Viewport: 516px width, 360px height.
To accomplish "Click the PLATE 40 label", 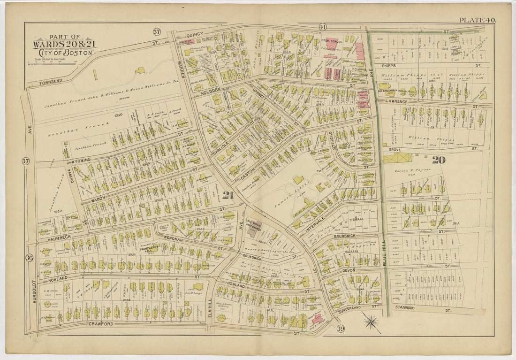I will coord(477,20).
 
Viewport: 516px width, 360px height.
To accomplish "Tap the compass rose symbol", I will coord(372,322).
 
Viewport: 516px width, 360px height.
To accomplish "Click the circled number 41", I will coord(322,27).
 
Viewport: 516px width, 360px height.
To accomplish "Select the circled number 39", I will coord(340,329).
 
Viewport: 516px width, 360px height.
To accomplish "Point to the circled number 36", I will coord(30,258).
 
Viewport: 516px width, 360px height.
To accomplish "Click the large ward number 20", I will coord(439,160).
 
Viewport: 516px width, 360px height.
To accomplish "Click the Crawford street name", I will coord(101,324).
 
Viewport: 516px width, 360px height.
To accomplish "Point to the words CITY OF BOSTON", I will coord(64,53).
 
